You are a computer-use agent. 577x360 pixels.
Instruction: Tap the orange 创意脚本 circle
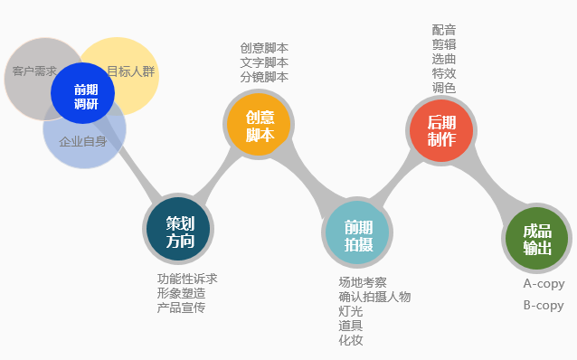pyautogui.click(x=259, y=126)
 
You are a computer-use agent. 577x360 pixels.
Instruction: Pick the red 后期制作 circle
pyautogui.click(x=441, y=130)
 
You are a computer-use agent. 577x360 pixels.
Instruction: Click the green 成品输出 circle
pyautogui.click(x=536, y=239)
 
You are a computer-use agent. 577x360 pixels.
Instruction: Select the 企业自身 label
pyautogui.click(x=82, y=141)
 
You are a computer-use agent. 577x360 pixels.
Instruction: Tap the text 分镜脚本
pyautogui.click(x=264, y=77)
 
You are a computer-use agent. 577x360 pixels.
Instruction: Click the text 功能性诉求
pyautogui.click(x=187, y=279)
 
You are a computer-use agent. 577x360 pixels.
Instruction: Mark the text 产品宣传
pyautogui.click(x=181, y=308)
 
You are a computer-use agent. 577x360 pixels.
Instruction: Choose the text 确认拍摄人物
pyautogui.click(x=374, y=297)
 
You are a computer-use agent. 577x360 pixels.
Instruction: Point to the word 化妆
pyautogui.click(x=350, y=340)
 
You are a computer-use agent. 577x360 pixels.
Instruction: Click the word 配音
pyautogui.click(x=444, y=30)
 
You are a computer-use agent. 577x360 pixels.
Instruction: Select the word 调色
pyautogui.click(x=444, y=88)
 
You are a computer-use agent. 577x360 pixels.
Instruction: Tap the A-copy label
pyautogui.click(x=544, y=283)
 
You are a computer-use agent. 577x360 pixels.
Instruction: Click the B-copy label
pyautogui.click(x=544, y=305)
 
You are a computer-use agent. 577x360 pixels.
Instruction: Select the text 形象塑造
pyautogui.click(x=181, y=293)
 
